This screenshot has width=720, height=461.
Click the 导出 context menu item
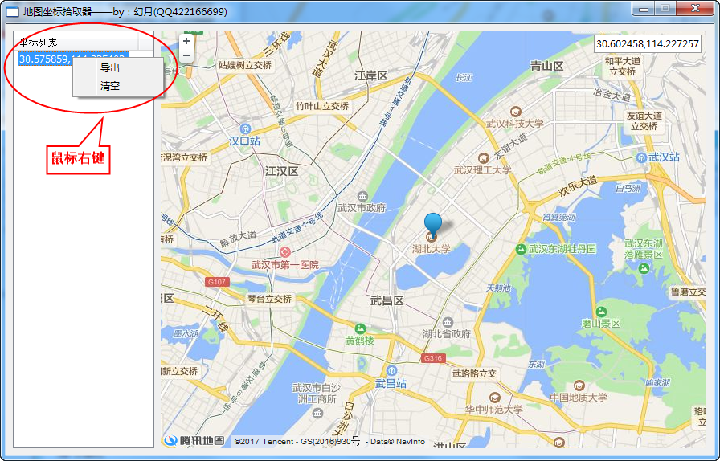click(110, 68)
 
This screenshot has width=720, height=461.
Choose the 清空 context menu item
click(110, 86)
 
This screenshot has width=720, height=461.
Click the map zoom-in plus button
click(186, 41)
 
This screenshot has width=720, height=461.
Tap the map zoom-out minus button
click(186, 55)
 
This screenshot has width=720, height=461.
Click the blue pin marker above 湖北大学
click(433, 225)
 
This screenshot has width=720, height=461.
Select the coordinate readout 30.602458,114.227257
click(647, 44)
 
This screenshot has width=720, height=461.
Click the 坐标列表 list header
click(39, 43)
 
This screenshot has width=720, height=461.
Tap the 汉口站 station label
click(245, 141)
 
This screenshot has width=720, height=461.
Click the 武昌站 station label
click(391, 383)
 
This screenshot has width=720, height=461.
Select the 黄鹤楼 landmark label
click(361, 340)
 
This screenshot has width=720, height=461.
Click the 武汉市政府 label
click(362, 208)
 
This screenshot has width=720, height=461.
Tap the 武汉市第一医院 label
click(284, 264)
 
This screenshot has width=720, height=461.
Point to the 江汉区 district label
click(281, 171)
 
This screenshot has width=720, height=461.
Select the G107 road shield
click(217, 282)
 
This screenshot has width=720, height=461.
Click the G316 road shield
click(432, 358)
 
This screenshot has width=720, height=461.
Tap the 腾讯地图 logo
click(194, 440)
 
